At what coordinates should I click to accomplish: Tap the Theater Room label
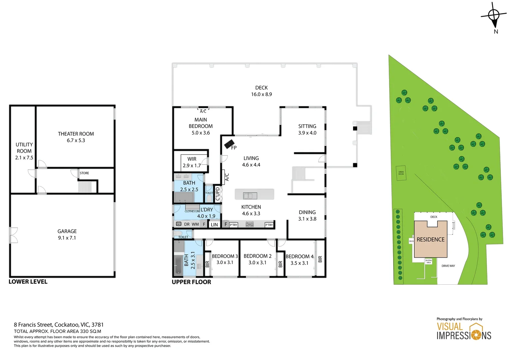(76, 134)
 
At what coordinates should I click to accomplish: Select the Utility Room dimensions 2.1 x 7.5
(24, 158)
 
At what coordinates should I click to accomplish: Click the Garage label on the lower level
(67, 231)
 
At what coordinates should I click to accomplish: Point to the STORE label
(84, 173)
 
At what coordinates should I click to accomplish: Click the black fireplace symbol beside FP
(229, 144)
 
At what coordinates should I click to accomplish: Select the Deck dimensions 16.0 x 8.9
(261, 94)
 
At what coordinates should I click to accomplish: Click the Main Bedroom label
(201, 123)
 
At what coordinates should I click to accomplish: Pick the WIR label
(192, 159)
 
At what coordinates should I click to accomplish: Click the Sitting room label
(307, 126)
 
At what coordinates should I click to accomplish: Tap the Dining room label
(307, 212)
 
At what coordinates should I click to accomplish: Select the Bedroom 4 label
(299, 256)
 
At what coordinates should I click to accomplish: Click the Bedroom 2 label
(257, 256)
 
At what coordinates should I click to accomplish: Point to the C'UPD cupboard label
(218, 194)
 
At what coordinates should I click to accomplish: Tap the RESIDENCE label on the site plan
(430, 239)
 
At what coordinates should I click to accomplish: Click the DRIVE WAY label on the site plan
(448, 266)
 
